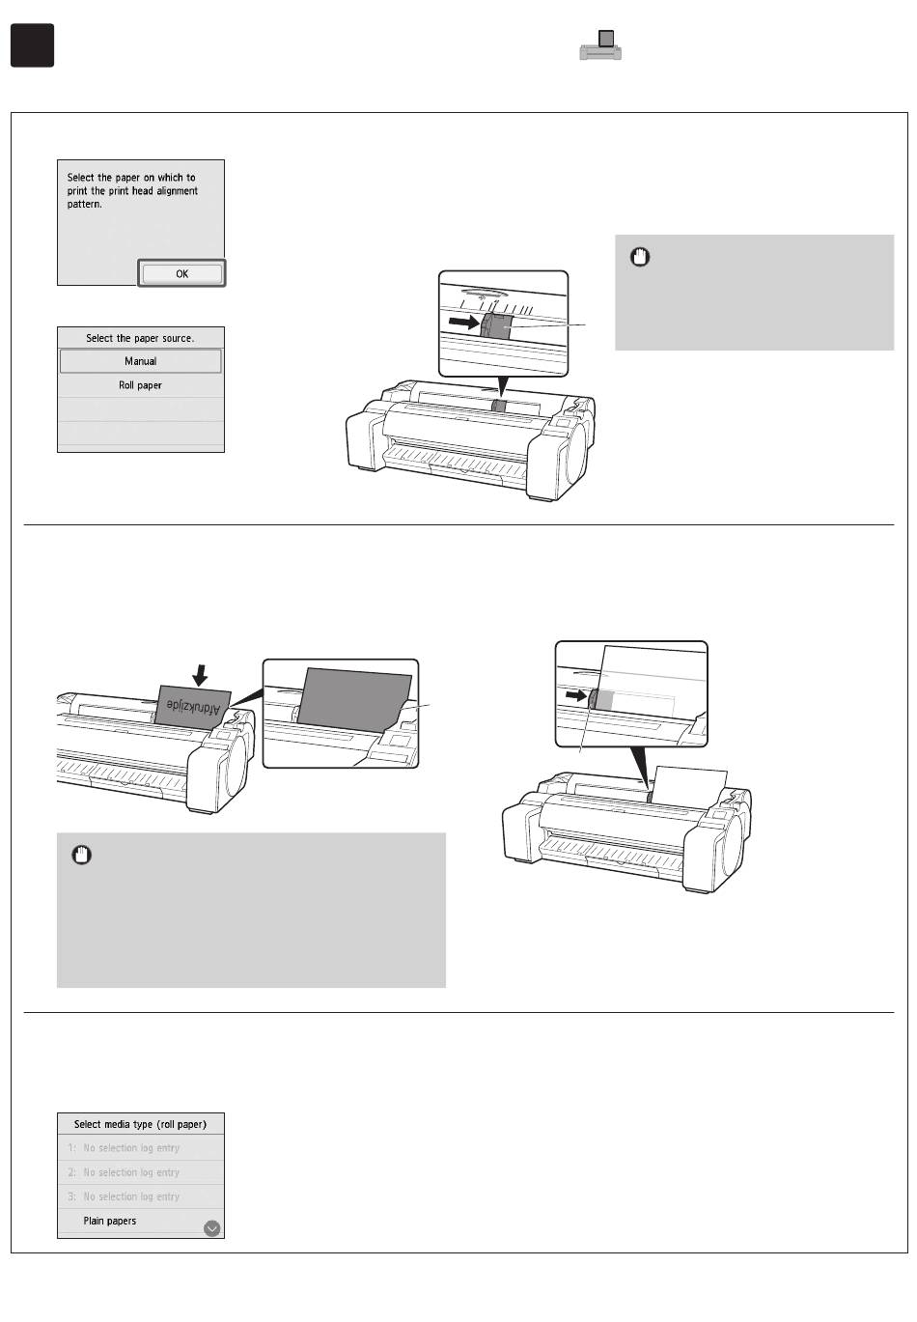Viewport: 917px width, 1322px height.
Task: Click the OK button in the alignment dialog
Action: [x=181, y=274]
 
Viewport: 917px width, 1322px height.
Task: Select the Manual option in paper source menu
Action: [x=141, y=361]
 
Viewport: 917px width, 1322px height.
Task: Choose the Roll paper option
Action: [x=141, y=385]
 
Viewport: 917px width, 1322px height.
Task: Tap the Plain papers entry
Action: [x=110, y=1221]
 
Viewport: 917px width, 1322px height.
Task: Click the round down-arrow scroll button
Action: [x=212, y=1228]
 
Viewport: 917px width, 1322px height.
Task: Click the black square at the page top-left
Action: [x=32, y=45]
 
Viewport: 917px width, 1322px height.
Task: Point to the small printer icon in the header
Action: [x=600, y=45]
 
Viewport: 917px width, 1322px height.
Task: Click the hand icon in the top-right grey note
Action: [x=641, y=257]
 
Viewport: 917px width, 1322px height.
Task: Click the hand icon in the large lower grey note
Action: [x=82, y=855]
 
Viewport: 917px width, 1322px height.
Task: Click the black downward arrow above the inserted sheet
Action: [x=200, y=673]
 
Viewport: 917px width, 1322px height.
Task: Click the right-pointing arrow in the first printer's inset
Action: [x=464, y=323]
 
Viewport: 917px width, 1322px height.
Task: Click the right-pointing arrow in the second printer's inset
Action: [x=575, y=693]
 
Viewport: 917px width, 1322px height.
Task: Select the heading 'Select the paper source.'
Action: [x=140, y=338]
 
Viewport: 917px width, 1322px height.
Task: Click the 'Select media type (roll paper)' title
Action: [x=140, y=1124]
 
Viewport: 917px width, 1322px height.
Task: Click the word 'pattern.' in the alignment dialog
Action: [x=85, y=205]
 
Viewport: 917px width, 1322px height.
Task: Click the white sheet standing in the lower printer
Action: [x=689, y=783]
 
